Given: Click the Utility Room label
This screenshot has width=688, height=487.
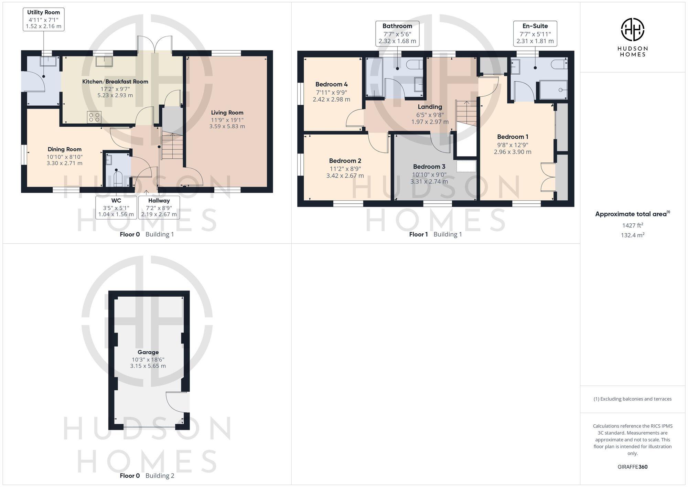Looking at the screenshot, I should point(43,12).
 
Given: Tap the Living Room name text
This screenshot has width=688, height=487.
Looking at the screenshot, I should point(227,113).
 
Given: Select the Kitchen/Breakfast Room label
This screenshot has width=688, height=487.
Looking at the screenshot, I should point(115,82).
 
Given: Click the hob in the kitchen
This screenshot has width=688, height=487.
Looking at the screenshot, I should point(94,117).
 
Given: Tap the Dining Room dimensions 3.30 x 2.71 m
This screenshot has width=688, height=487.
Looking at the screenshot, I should point(65,163).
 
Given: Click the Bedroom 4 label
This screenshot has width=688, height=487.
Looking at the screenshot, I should point(331,84).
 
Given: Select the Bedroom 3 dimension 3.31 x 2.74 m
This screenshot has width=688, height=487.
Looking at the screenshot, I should point(429,181).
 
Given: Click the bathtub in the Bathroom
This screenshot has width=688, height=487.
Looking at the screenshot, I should point(374,77).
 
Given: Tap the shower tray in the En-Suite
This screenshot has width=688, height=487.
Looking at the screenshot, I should point(553,90).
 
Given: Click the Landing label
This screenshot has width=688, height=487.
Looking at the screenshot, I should point(430,107).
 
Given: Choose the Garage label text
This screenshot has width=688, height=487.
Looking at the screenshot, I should point(148,352).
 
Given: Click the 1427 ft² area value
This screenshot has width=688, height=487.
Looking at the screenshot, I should point(632,225).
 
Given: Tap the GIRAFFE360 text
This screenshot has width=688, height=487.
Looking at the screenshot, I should point(632,467).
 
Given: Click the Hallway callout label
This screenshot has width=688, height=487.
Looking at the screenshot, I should point(159,201).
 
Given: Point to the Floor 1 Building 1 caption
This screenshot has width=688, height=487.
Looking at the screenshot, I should point(435,234).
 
